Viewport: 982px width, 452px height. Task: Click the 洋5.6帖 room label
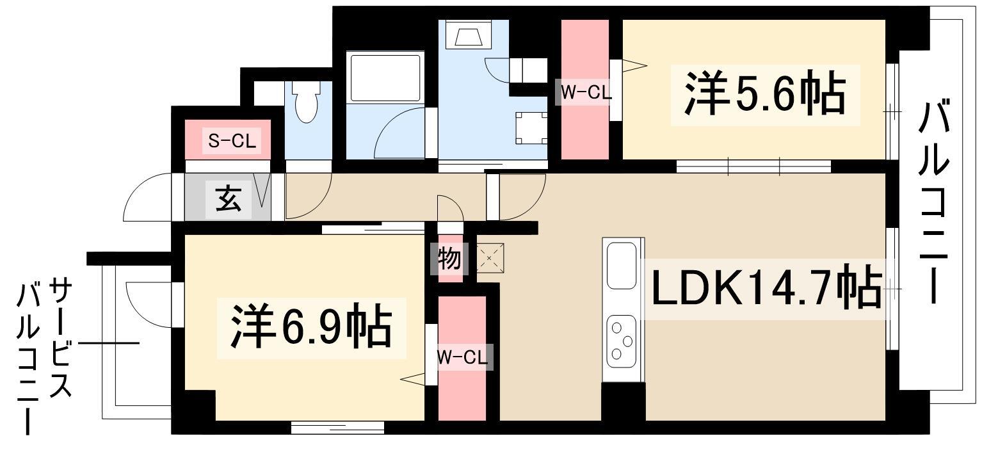click(765, 95)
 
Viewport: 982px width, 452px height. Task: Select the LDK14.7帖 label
click(767, 288)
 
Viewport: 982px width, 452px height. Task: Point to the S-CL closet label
click(232, 141)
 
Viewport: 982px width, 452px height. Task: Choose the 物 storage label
click(449, 258)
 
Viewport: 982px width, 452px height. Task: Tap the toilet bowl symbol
click(306, 102)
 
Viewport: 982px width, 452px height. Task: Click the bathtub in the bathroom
click(385, 77)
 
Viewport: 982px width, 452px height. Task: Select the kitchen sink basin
click(622, 266)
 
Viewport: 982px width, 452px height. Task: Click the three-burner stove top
click(622, 341)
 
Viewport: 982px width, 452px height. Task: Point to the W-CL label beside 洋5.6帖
click(586, 92)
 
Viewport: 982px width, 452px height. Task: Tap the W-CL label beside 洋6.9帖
click(462, 357)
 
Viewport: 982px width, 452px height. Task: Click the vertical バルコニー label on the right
click(934, 202)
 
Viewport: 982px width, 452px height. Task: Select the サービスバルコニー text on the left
click(44, 356)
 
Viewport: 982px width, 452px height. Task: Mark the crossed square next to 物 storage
click(490, 258)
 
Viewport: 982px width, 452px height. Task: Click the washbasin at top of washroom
click(468, 34)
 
